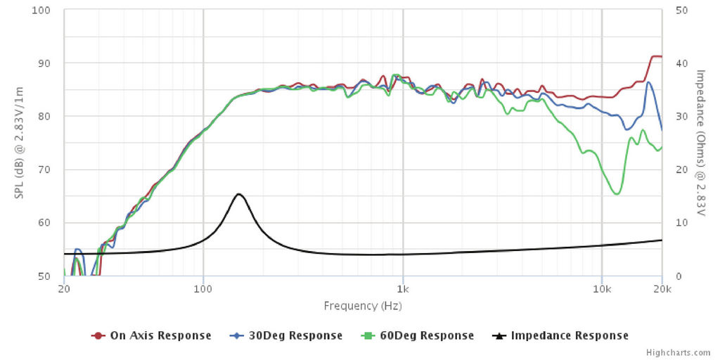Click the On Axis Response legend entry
tap(151, 335)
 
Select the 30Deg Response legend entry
tap(289, 335)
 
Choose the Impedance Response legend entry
tap(562, 335)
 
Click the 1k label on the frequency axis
tap(402, 289)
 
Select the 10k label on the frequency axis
tap(602, 289)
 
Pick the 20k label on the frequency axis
tap(661, 289)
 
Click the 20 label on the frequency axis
tap(64, 289)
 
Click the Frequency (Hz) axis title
tap(363, 306)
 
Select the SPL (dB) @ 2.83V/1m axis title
tap(19, 143)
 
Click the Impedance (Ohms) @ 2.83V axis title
tap(700, 143)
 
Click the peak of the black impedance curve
tap(239, 194)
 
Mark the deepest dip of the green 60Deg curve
tap(617, 194)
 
